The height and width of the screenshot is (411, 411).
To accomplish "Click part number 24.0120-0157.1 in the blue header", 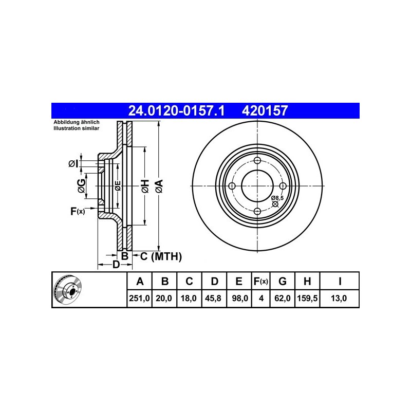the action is [176, 110].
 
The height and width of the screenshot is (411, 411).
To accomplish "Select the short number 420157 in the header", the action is [265, 110].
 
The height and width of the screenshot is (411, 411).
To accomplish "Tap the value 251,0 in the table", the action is [139, 298].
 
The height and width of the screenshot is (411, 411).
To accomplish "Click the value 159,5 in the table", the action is [307, 298].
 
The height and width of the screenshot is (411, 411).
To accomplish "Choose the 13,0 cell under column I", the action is [339, 298].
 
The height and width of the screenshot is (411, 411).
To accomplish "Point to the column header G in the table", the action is [282, 281].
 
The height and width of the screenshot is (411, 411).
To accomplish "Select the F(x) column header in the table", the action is [261, 281].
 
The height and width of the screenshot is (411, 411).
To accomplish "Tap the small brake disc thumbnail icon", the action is [68, 289].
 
